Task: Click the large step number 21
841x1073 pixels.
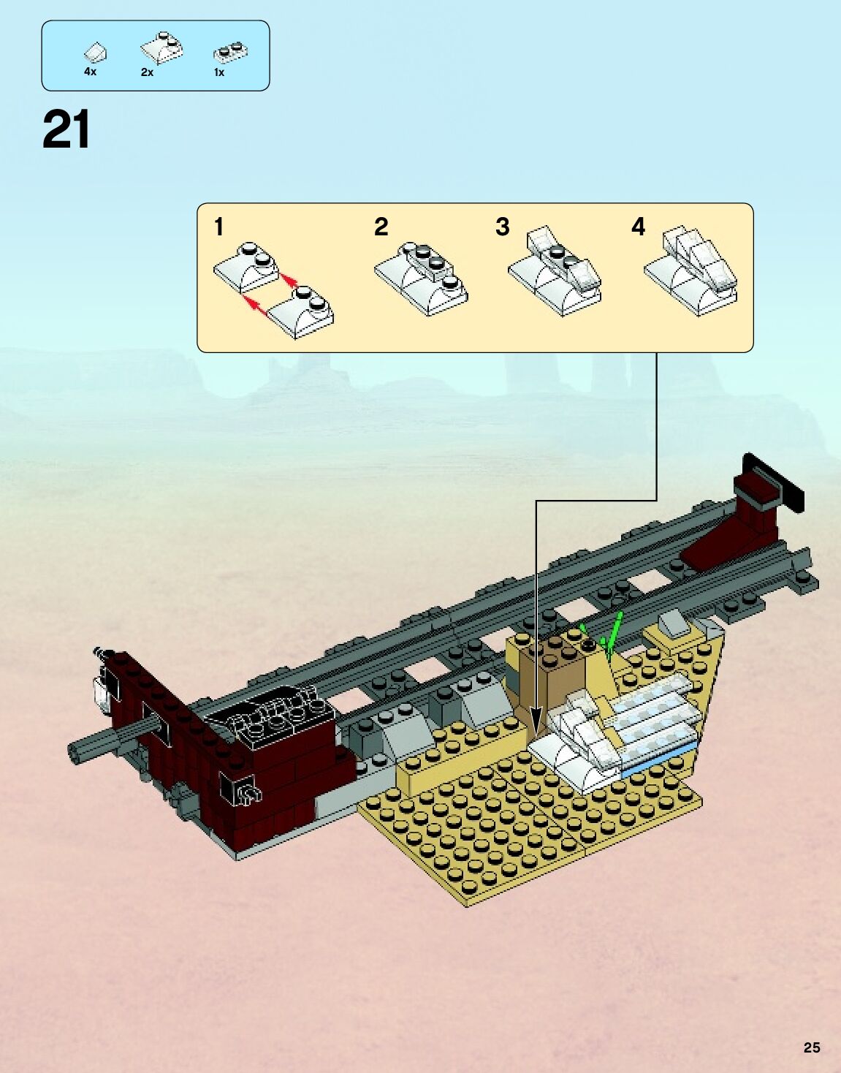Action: tap(66, 130)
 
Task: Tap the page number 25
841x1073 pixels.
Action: tap(812, 1047)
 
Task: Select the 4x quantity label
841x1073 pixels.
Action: tap(90, 72)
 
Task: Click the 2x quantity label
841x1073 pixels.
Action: tap(147, 72)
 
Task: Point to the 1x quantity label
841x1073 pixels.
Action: tap(218, 72)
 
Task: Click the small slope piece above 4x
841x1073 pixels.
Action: tap(96, 53)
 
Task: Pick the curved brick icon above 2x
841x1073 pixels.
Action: tap(161, 48)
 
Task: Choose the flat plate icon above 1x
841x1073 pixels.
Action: tap(232, 52)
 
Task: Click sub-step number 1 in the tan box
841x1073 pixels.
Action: tap(218, 227)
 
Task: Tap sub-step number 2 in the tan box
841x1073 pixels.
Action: tap(381, 227)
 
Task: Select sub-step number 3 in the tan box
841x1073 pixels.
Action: tap(502, 227)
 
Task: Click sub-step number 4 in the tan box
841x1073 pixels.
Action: tap(638, 227)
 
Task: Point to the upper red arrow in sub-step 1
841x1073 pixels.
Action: tap(290, 280)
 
